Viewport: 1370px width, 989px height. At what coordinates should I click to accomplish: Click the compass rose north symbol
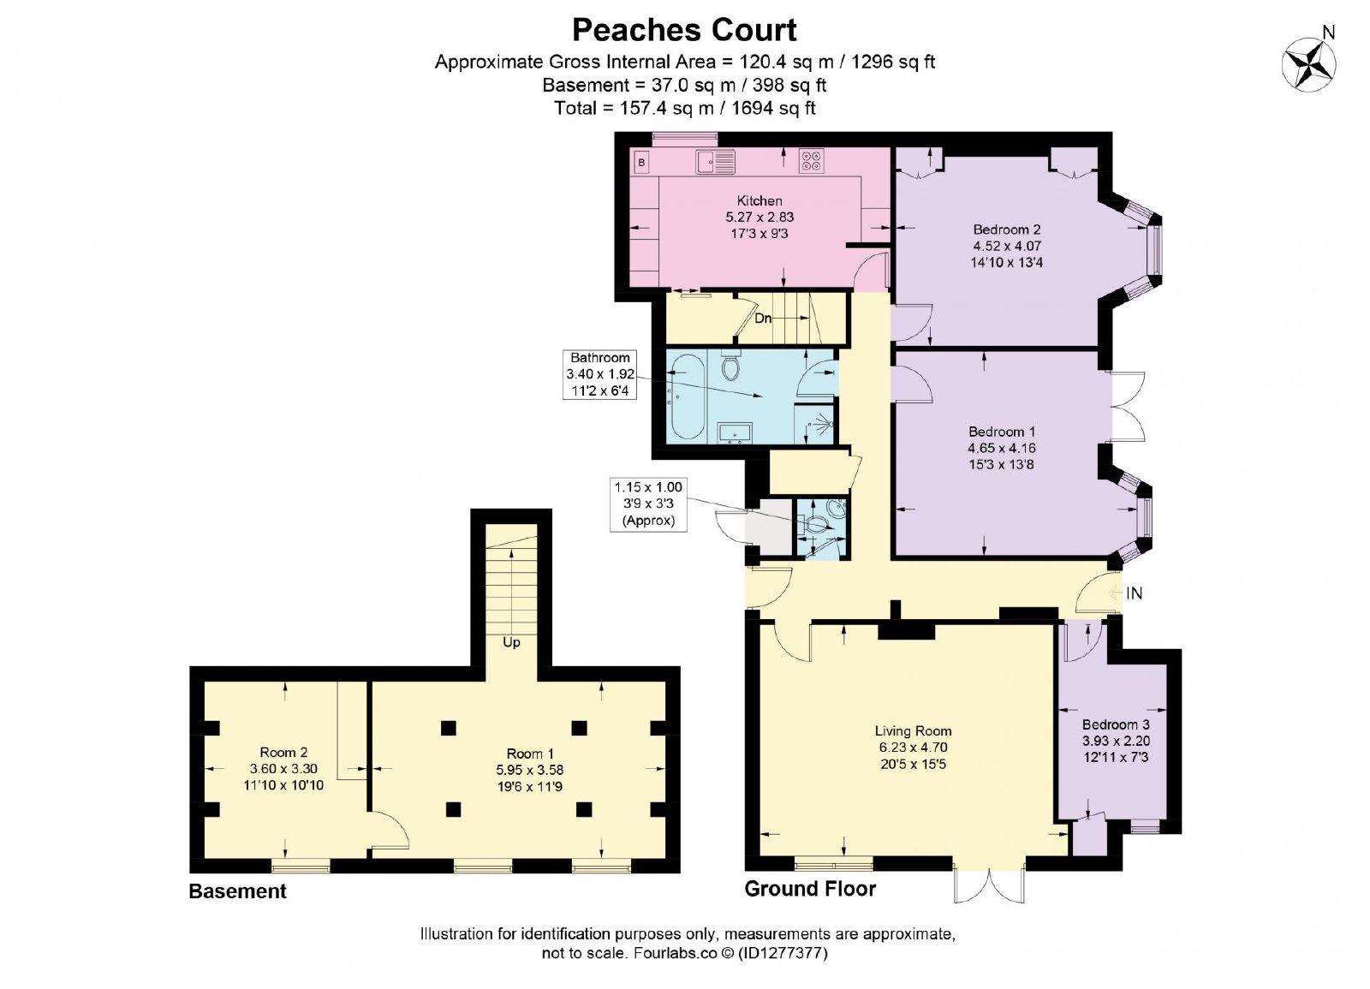pos(1309,63)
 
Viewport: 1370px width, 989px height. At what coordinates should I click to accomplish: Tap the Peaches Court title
pos(684,30)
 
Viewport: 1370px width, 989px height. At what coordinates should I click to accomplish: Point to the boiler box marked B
pos(641,163)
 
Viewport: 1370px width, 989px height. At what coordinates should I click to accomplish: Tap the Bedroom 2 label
pos(1007,229)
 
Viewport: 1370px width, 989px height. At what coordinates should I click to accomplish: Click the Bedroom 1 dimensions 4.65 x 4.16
pos(1002,448)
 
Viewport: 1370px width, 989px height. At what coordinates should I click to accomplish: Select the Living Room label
pos(913,731)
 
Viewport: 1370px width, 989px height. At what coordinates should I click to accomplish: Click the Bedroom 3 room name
pos(1116,724)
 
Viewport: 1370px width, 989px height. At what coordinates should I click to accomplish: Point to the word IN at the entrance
pos(1134,593)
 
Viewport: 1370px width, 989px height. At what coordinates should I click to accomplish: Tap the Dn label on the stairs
pos(763,319)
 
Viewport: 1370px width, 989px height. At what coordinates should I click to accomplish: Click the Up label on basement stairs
pos(511,643)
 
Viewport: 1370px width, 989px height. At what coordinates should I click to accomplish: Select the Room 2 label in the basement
pos(283,753)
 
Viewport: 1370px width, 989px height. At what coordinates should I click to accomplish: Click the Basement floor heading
pos(237,891)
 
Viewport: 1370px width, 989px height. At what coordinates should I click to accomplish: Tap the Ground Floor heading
pos(810,889)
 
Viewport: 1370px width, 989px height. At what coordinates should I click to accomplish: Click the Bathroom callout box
pos(599,374)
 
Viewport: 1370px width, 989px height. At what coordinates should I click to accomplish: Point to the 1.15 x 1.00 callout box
pos(648,504)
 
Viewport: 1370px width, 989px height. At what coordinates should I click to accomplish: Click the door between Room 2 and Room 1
pos(389,830)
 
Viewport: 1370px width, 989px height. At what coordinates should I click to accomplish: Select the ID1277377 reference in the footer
pos(783,953)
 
